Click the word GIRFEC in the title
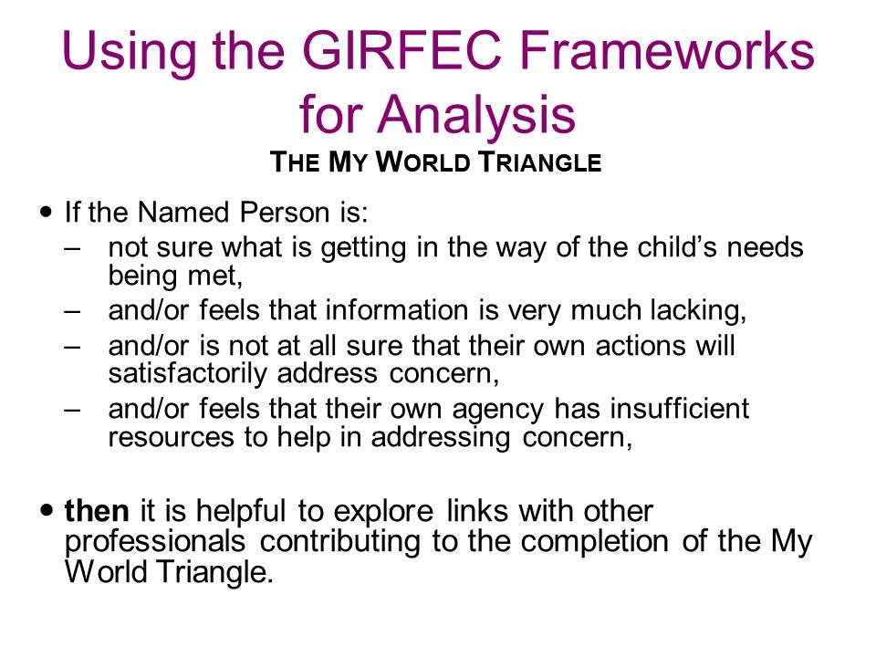click(x=401, y=50)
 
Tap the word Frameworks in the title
click(x=667, y=50)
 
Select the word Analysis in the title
click(x=476, y=114)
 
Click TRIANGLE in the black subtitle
click(x=540, y=162)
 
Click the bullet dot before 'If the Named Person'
click(x=47, y=212)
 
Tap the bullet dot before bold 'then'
click(x=47, y=509)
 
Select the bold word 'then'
click(x=97, y=510)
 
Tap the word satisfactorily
click(x=187, y=374)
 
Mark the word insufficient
click(x=679, y=408)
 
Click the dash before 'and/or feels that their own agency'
click(x=73, y=410)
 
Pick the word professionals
click(x=155, y=541)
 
